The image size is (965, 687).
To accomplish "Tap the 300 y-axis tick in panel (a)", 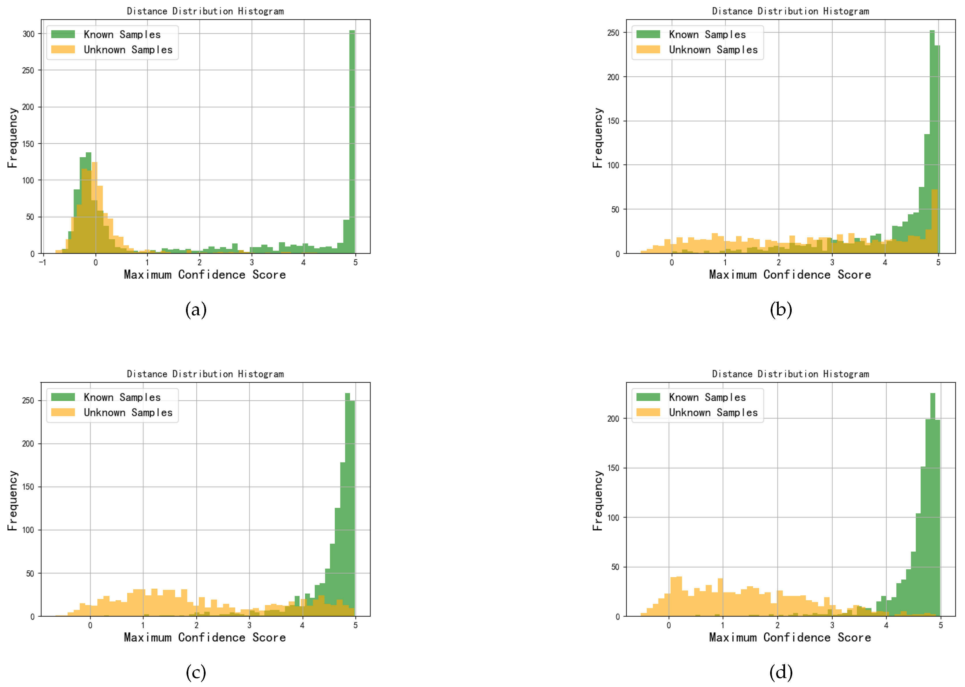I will click(x=28, y=34).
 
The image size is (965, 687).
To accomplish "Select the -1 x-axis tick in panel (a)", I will click(x=42, y=262).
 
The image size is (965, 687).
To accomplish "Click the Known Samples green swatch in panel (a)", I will click(x=63, y=34).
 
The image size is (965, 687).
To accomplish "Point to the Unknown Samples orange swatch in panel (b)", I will click(x=648, y=50).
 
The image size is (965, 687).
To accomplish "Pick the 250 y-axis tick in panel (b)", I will click(x=613, y=33).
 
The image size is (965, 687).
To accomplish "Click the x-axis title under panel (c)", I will click(x=205, y=637).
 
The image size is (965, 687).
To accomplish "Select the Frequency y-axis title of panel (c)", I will click(x=13, y=500).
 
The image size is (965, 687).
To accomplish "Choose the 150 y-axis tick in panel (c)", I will click(x=28, y=487).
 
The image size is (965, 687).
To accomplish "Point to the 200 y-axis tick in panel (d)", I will click(x=613, y=418).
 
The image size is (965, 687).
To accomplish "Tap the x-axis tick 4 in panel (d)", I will click(x=886, y=625).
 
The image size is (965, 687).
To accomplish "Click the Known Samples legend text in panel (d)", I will click(x=707, y=397).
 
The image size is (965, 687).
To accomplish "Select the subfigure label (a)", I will click(x=196, y=310).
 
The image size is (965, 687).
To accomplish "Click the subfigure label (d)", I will click(x=781, y=672).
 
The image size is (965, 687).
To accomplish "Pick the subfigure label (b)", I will click(x=781, y=310).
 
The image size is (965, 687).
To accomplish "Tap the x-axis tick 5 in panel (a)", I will click(x=355, y=262).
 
